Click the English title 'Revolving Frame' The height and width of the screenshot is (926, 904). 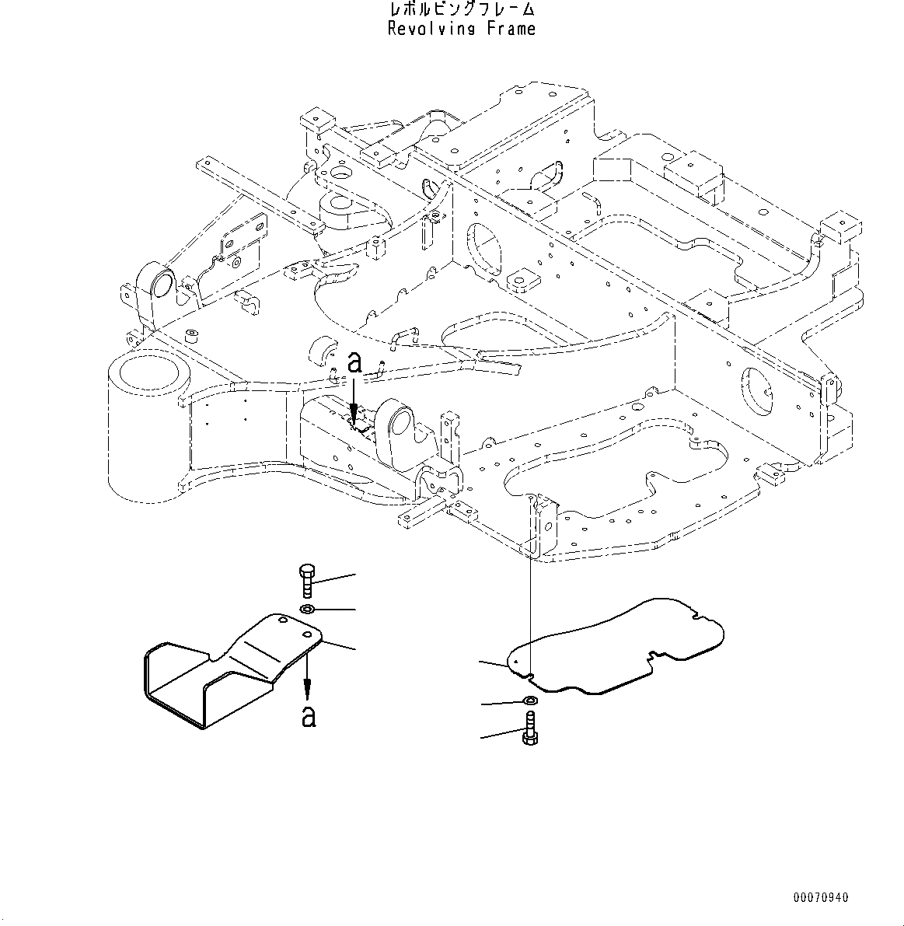pos(462,30)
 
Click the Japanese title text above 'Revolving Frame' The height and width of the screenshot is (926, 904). pos(462,10)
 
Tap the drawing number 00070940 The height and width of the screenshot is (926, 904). pos(821,897)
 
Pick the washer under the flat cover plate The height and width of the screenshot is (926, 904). pos(529,701)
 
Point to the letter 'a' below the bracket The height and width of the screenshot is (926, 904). pos(309,715)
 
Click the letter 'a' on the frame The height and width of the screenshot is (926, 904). pos(354,362)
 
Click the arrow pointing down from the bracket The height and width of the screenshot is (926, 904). pos(308,676)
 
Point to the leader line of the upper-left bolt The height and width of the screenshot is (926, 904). pos(334,578)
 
